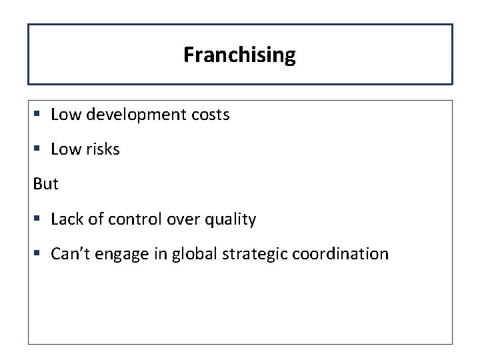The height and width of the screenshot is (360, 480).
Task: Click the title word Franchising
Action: coord(239,55)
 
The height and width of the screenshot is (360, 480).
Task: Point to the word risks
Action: coord(102,149)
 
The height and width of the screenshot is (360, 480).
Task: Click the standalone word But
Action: coord(45,184)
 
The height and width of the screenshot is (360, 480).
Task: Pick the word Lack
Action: coord(65,219)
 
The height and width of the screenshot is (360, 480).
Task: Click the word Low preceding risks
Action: coord(65,149)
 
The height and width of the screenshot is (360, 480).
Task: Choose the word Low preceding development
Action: coord(65,115)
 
